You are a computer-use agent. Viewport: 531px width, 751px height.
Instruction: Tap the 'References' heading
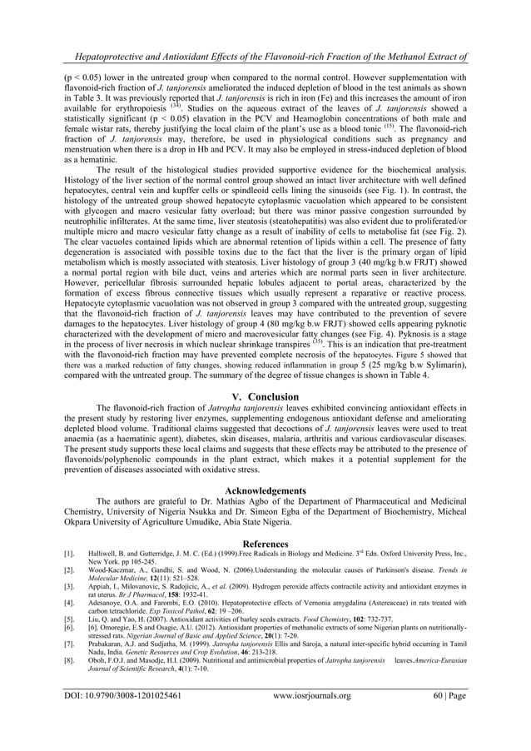pos(265,543)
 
